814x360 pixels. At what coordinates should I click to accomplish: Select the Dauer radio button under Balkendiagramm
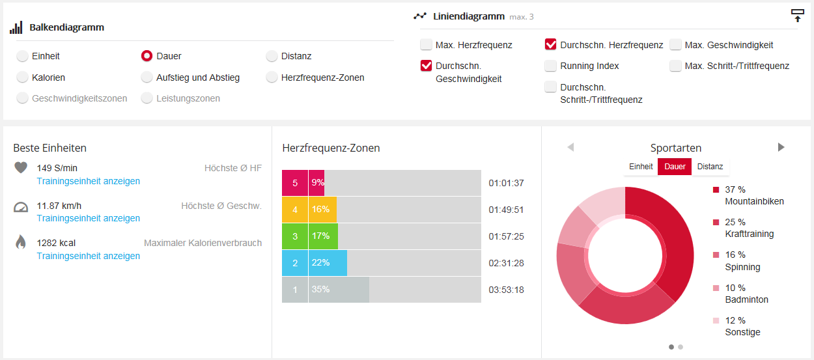tap(147, 56)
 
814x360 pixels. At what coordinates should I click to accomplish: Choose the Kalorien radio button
tap(22, 77)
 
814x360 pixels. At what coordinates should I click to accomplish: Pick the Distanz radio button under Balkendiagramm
tap(272, 56)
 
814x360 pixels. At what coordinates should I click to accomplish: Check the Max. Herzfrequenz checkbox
tap(426, 45)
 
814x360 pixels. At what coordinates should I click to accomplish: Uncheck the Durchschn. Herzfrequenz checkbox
tap(551, 45)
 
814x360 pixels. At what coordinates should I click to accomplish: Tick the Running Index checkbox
tap(551, 66)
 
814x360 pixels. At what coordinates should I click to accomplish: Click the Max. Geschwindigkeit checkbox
tap(675, 45)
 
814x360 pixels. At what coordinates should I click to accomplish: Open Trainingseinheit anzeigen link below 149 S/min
tap(89, 181)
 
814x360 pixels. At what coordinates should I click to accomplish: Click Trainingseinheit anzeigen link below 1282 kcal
tap(89, 256)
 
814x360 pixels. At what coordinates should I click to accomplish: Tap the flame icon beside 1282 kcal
tap(21, 243)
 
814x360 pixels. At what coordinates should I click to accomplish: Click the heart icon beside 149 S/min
tap(21, 168)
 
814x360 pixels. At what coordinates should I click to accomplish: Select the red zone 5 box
tap(295, 183)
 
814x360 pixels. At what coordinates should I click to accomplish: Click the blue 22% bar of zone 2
tap(328, 262)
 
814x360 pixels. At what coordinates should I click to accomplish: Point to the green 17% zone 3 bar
tap(323, 236)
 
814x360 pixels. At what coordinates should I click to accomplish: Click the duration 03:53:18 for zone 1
tap(506, 290)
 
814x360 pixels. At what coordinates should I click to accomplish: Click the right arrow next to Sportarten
tap(781, 147)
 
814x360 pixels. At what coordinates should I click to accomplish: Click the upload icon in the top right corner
tap(797, 16)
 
